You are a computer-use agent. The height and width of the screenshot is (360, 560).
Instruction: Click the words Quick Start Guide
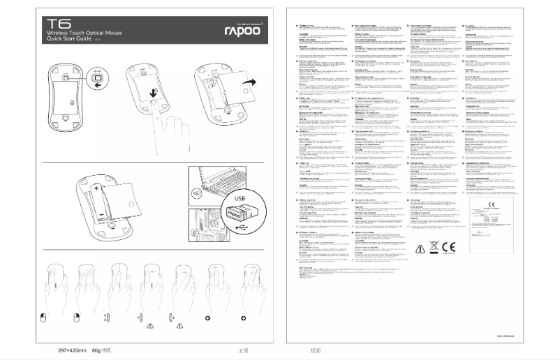(x=67, y=38)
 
